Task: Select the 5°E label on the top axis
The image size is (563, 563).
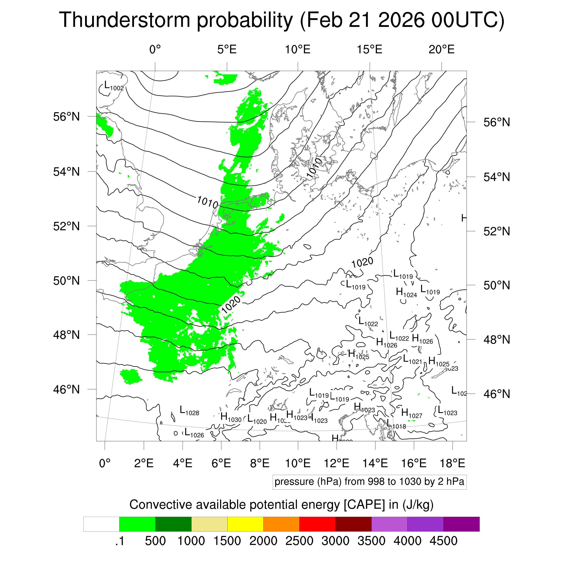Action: pos(227,50)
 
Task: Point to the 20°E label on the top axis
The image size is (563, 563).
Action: pos(441,50)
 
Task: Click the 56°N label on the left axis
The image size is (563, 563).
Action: pos(66,117)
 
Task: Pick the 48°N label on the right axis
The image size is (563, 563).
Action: pos(497,340)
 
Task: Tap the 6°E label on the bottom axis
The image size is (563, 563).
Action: pos(221,463)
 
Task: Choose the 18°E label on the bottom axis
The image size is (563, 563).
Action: pos(452,463)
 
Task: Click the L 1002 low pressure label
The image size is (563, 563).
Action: pos(114,86)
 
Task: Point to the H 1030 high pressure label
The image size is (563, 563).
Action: pos(231,417)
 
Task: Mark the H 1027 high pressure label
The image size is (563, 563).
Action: pos(411,413)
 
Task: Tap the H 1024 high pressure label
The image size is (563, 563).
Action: pos(406,293)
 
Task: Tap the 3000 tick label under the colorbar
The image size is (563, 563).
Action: pos(335,541)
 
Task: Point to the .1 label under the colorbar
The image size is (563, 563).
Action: pos(120,541)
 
